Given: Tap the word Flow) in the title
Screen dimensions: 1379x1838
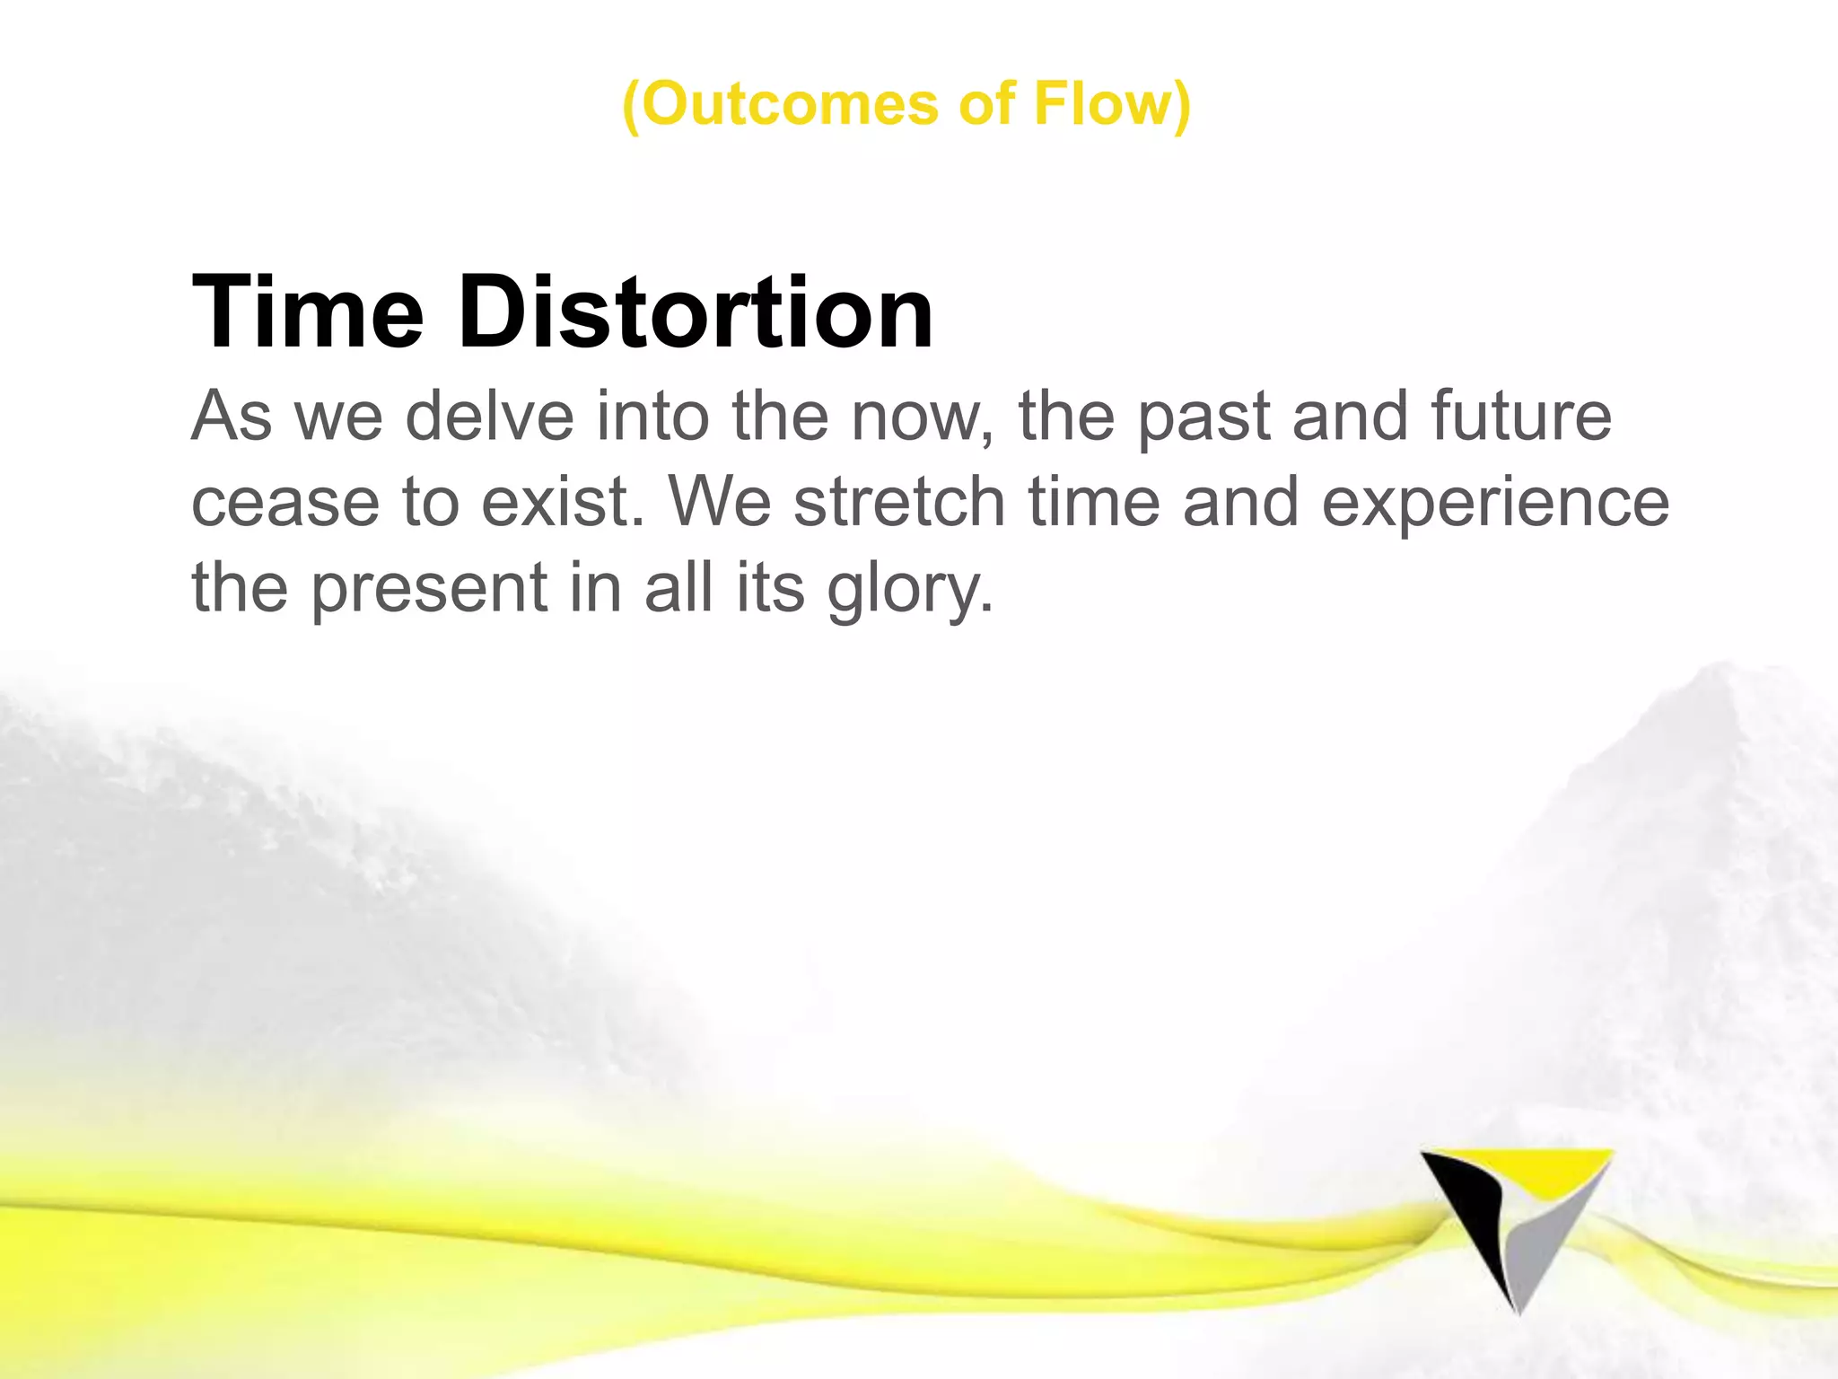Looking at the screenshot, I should [1111, 104].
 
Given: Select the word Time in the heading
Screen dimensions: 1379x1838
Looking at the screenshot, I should [307, 312].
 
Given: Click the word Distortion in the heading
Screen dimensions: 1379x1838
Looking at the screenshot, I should [696, 312].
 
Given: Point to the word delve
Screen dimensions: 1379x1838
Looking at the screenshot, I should [489, 417].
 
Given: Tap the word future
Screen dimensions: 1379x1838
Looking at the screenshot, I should [1520, 417].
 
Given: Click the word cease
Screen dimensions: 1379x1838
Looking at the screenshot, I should [285, 503].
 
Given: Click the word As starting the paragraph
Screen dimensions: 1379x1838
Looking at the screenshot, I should [232, 417].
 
